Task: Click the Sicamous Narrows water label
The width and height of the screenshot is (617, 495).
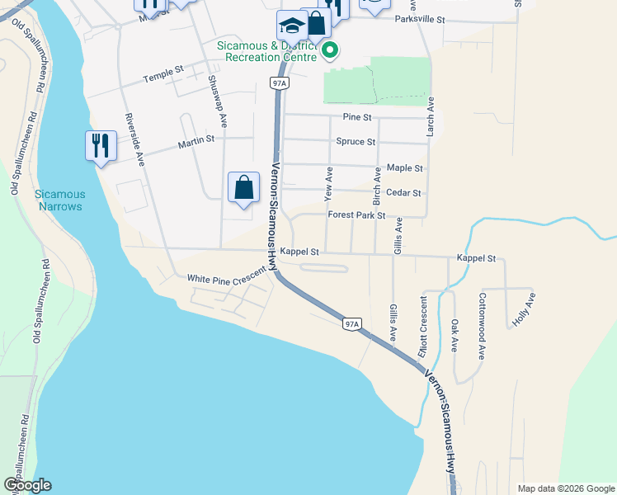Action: click(x=59, y=200)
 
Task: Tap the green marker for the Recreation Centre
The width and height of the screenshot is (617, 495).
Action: click(x=330, y=50)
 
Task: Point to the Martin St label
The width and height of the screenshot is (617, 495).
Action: click(x=196, y=146)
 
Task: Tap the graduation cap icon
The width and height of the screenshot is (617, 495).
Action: click(x=291, y=26)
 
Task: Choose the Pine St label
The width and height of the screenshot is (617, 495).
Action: click(x=357, y=118)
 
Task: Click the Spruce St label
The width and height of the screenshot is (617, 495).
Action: click(x=356, y=142)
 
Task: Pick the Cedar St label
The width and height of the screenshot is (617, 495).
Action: click(x=404, y=193)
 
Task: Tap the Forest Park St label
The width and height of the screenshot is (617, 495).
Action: click(x=356, y=215)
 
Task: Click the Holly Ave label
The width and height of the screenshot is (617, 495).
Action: click(x=524, y=312)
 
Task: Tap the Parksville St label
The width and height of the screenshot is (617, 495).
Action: click(x=419, y=19)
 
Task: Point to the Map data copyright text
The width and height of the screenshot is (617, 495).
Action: click(x=565, y=488)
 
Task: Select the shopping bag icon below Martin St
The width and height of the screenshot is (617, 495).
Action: click(x=244, y=187)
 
